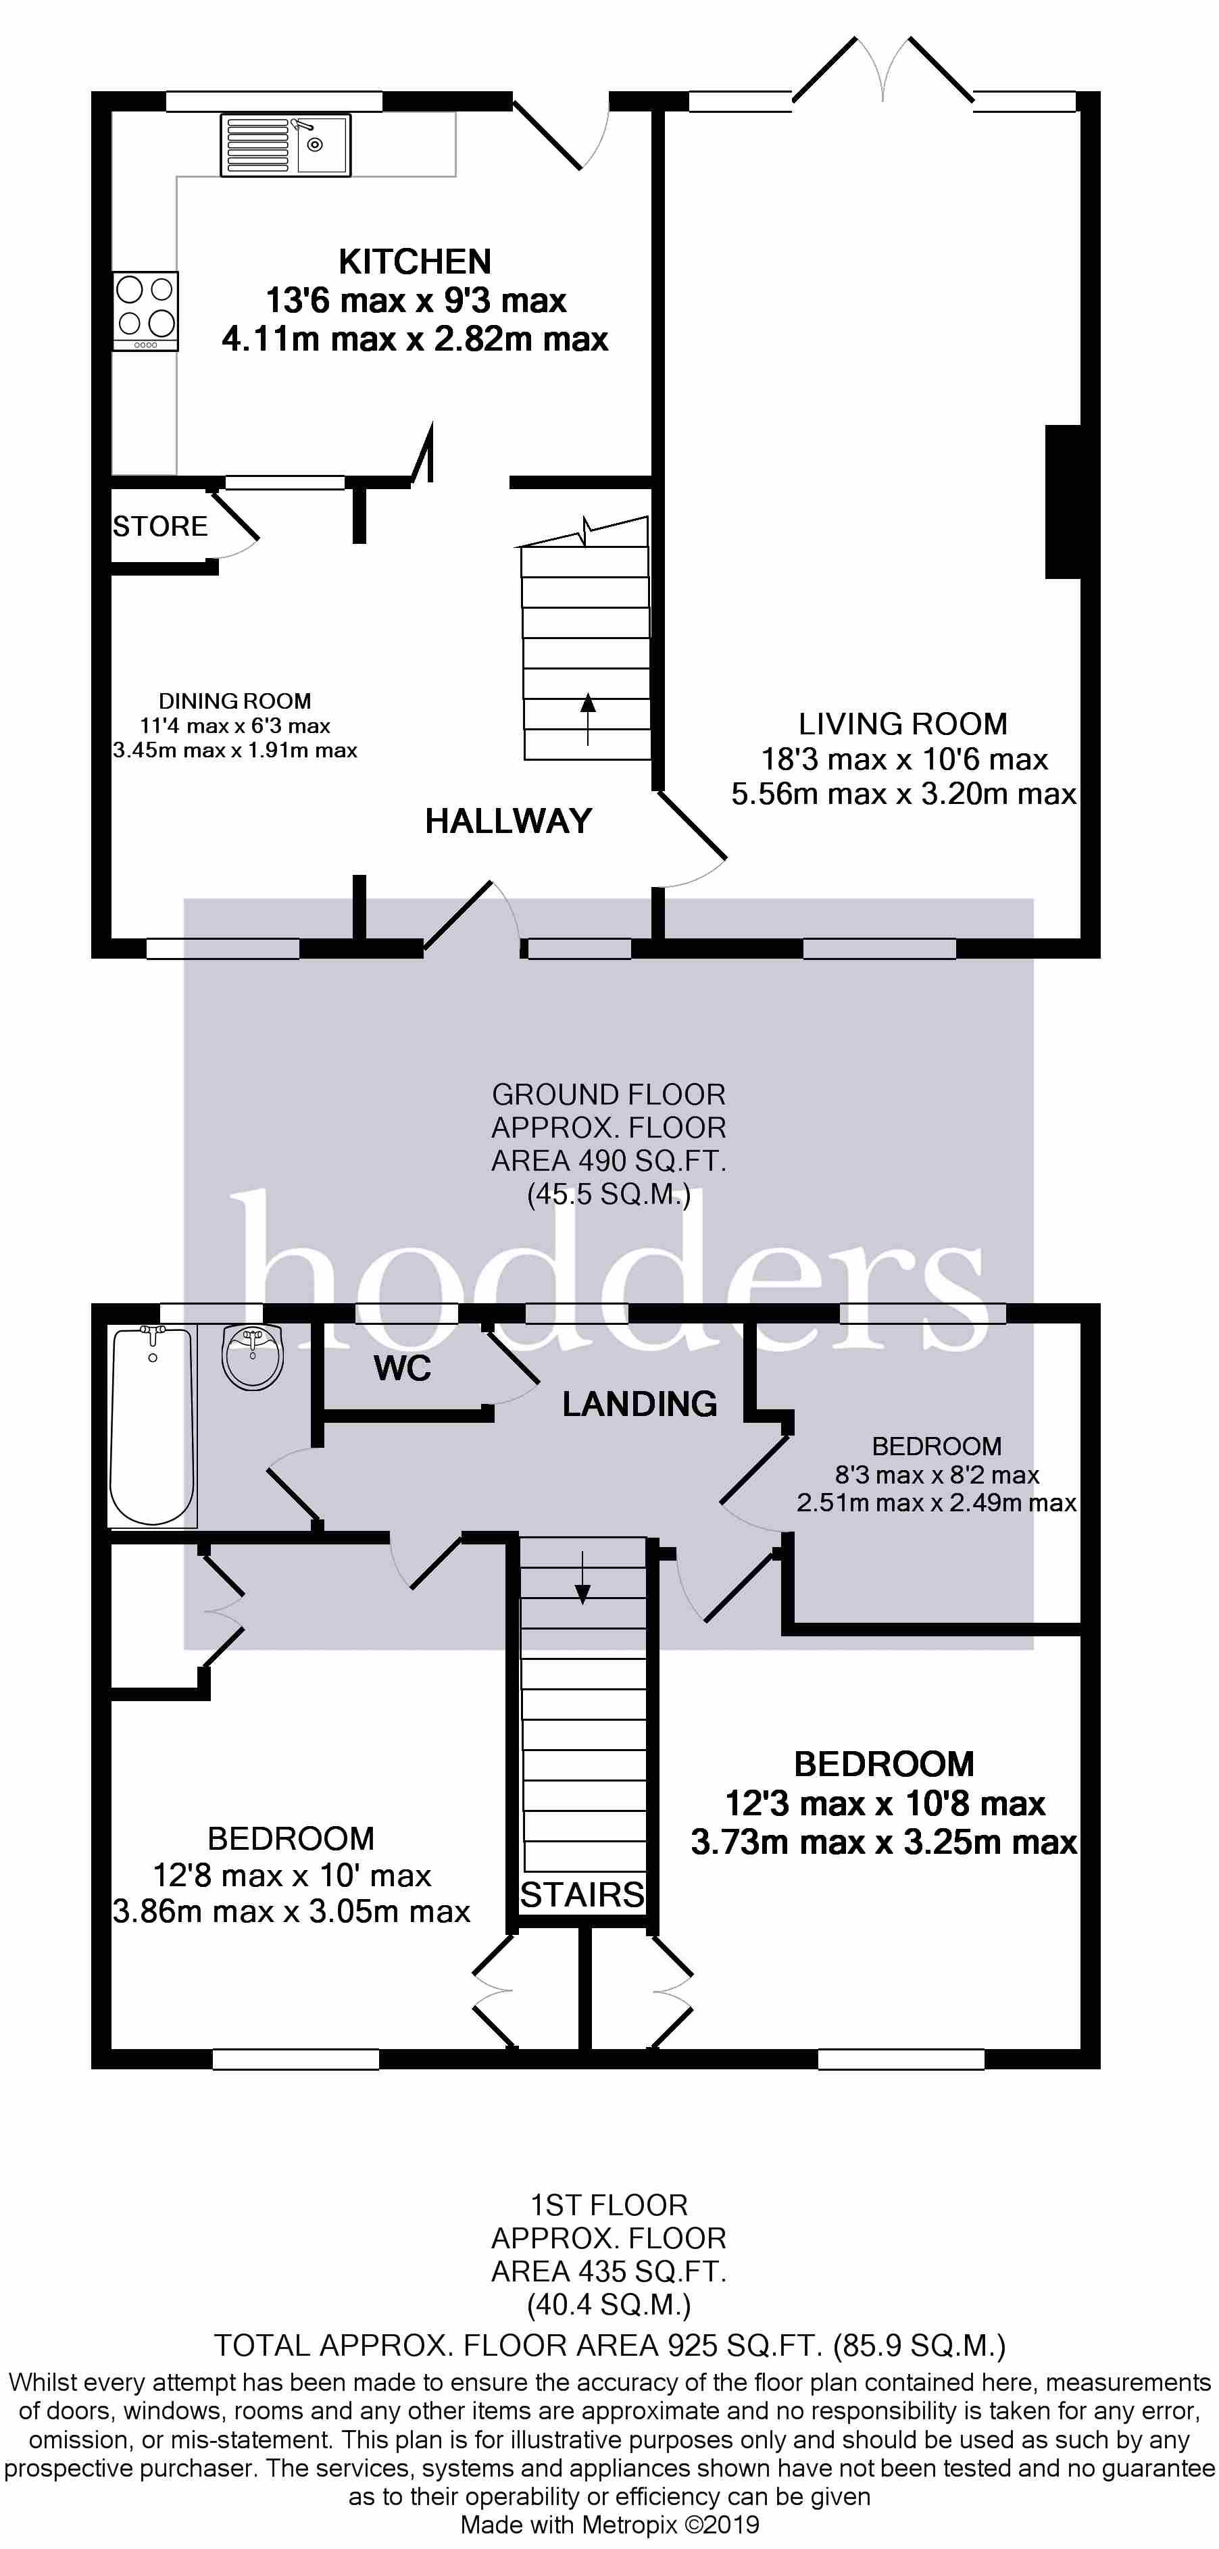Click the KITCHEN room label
pos(415,261)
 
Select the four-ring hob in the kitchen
pos(145,311)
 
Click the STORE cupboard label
pos(160,526)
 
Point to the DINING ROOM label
pos(234,701)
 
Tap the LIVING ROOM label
pos(903,724)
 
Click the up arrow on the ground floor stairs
pos(589,718)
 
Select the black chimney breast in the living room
pos(1063,502)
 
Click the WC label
pos(403,1369)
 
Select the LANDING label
pos(639,1403)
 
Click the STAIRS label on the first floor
pos(582,1895)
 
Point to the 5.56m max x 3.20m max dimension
pos(903,794)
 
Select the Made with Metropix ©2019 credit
pos(609,2525)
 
